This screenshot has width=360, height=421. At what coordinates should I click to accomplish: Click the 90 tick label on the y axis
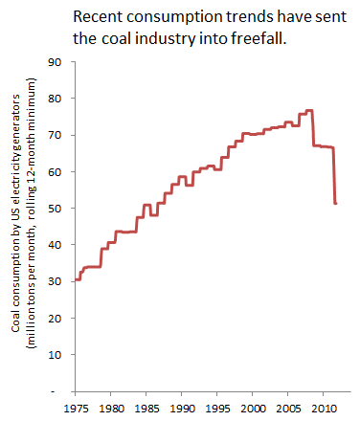[55, 62]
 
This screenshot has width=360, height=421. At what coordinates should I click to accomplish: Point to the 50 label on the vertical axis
[55, 209]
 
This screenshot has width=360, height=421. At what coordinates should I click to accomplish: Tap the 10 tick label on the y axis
[55, 355]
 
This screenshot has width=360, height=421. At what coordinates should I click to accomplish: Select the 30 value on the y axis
[55, 281]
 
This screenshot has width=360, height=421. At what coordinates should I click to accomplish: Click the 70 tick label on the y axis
[55, 135]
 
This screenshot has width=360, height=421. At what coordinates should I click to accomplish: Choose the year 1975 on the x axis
[76, 409]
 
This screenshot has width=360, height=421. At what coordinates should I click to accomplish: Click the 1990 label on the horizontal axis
[182, 409]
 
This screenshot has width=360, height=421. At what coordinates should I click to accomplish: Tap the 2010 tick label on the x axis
[324, 409]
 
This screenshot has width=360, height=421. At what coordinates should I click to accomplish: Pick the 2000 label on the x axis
[253, 409]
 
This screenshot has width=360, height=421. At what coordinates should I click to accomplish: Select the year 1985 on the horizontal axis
[146, 409]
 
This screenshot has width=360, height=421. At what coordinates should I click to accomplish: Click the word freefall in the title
[259, 38]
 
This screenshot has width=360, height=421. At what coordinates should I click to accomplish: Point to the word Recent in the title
[99, 17]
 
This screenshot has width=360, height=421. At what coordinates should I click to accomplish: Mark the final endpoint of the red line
[335, 203]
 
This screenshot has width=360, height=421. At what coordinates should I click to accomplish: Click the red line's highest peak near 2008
[309, 110]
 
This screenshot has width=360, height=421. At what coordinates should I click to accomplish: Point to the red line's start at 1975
[76, 279]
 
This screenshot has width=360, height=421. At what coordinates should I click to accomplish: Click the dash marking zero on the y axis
[53, 391]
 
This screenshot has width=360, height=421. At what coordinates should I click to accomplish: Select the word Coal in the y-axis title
[16, 322]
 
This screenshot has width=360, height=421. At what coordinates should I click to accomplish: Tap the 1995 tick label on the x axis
[217, 409]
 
